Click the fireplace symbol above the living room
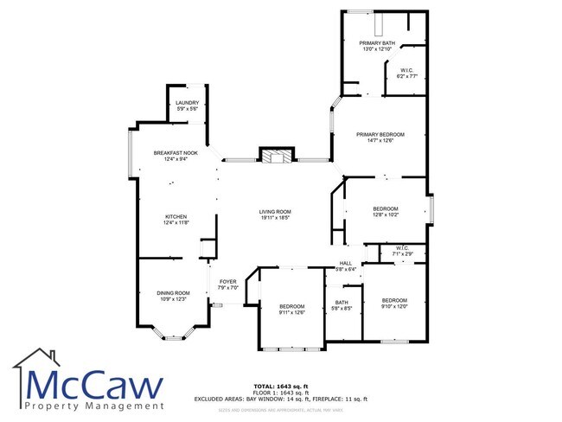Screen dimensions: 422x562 (x=277, y=157)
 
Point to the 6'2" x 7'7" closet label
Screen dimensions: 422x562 (x=406, y=74)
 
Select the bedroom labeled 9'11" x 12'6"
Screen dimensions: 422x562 (x=292, y=310)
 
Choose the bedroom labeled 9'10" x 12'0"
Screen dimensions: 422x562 (x=393, y=303)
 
